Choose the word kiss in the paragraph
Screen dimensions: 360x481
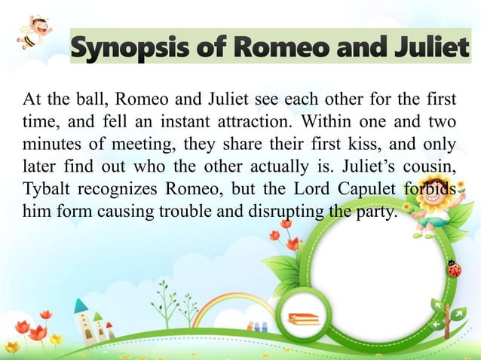[311, 143]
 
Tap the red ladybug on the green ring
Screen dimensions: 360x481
[454, 268]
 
